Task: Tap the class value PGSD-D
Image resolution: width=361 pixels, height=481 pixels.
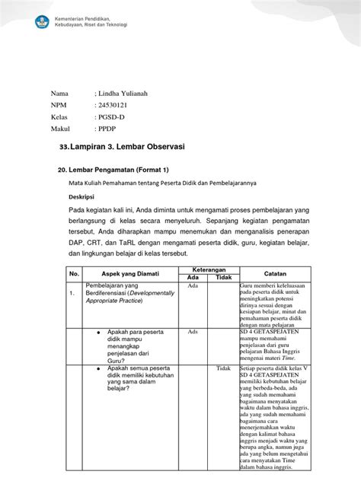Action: click(x=111, y=117)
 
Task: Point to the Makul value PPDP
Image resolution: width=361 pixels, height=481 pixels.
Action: click(x=107, y=129)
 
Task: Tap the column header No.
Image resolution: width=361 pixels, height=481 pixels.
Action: click(x=74, y=272)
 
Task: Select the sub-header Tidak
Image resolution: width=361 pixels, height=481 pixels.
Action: click(x=224, y=277)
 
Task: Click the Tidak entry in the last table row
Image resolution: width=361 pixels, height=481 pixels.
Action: click(x=223, y=368)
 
